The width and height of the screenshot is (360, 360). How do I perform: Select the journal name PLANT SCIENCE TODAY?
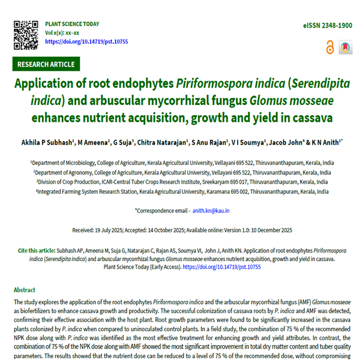[x=72, y=24]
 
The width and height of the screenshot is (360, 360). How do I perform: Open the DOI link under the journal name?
[x=86, y=41]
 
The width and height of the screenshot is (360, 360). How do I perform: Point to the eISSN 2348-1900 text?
[x=328, y=26]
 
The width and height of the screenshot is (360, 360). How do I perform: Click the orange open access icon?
[x=329, y=48]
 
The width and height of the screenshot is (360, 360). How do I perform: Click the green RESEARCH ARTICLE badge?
[x=46, y=64]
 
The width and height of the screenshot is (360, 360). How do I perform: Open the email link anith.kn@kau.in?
[x=211, y=211]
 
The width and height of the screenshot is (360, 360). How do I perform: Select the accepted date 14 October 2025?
[x=185, y=230]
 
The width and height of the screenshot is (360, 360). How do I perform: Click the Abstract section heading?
[x=25, y=289]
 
